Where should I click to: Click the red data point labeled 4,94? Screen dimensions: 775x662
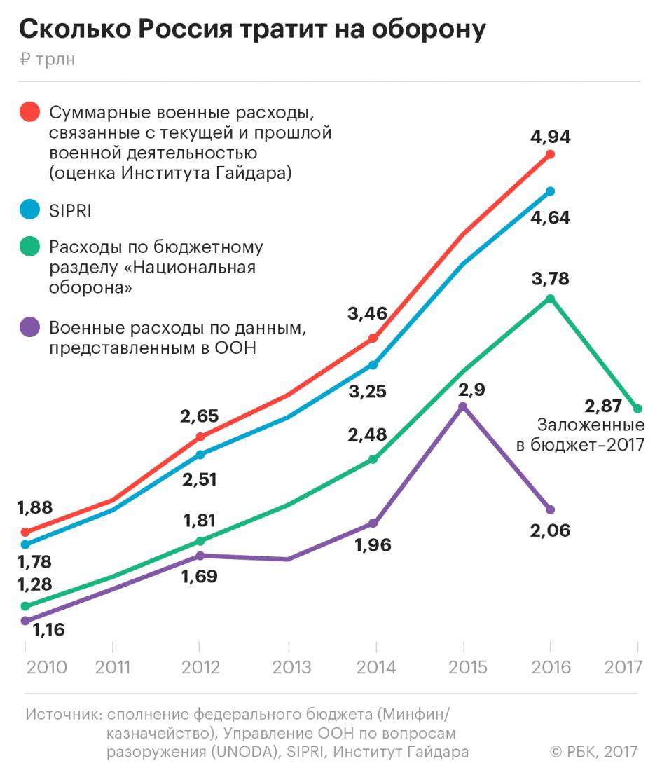click(550, 154)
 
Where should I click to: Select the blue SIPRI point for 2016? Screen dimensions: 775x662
click(550, 191)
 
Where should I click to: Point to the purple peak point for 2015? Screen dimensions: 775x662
click(462, 406)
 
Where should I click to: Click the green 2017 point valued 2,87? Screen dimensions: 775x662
click(637, 409)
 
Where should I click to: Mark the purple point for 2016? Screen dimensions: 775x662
click(550, 509)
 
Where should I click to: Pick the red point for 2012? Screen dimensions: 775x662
click(200, 437)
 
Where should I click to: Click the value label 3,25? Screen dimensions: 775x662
click(367, 391)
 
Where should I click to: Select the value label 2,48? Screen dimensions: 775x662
click(367, 434)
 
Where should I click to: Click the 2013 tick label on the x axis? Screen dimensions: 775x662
click(289, 666)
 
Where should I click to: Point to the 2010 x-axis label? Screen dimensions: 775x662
click(46, 666)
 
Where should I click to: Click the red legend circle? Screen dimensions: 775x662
click(29, 112)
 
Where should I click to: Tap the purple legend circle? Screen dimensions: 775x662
click(29, 327)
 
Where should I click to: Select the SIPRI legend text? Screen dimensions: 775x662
click(70, 210)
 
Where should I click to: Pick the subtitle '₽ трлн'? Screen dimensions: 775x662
click(48, 60)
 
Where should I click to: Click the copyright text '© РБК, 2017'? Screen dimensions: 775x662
click(594, 752)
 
